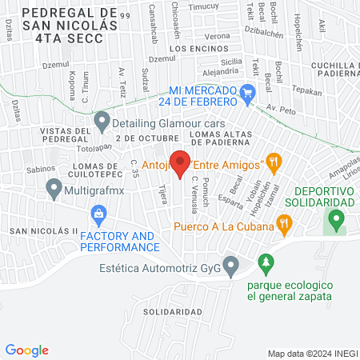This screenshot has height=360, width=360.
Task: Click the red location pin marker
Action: (181, 163)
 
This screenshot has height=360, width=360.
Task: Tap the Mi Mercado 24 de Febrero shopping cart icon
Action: (248, 93)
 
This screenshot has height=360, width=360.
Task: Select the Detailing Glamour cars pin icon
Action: (102, 121)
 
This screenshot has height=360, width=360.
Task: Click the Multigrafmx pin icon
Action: (54, 189)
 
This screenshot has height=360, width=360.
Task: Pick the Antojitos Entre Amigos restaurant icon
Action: (274, 162)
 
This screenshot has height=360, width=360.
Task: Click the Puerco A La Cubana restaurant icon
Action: (283, 224)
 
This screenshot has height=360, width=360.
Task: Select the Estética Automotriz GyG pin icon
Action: (231, 264)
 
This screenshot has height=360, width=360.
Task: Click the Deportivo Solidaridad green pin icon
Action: (338, 218)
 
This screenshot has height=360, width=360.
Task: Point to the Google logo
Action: (27, 350)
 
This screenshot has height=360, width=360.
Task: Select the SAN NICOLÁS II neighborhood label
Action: (44, 231)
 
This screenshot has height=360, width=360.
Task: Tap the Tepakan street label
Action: (308, 92)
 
